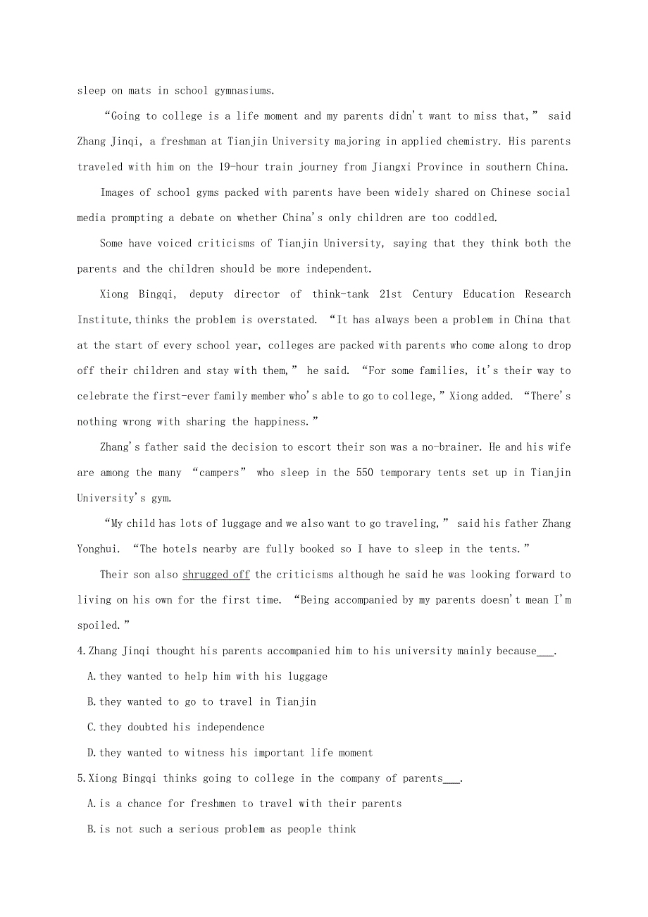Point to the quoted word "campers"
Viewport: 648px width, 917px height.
click(x=219, y=473)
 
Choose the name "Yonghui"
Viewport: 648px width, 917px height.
click(x=101, y=549)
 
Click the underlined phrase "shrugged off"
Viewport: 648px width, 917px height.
click(x=216, y=575)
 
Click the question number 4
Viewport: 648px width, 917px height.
click(x=80, y=651)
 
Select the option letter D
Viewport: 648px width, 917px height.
click(x=91, y=753)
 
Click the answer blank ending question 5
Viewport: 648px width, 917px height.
click(x=451, y=779)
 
